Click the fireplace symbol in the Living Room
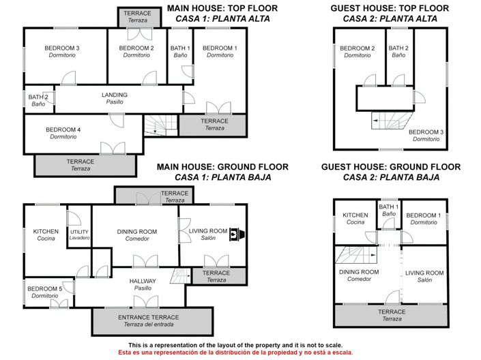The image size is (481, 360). (235, 234)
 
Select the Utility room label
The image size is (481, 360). (79, 235)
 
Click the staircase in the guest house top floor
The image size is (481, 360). (388, 121)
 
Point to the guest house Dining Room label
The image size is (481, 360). (359, 275)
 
